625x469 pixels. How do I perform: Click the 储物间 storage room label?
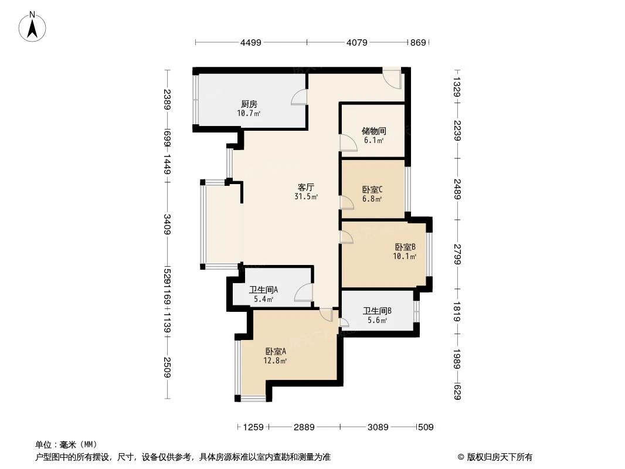click(373, 131)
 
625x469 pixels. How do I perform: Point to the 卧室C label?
click(372, 189)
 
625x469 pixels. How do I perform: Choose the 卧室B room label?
click(405, 247)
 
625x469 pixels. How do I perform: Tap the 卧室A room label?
click(276, 351)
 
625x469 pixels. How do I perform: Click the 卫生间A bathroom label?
click(263, 290)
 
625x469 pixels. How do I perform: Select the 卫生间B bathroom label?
click(377, 311)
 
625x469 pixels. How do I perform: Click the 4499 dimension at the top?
click(250, 42)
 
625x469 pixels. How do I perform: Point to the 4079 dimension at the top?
click(357, 42)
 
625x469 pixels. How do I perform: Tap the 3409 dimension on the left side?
click(168, 225)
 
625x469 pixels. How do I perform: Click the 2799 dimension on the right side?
click(457, 254)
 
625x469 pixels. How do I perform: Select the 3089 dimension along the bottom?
click(379, 427)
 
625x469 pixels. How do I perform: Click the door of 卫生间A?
click(303, 293)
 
